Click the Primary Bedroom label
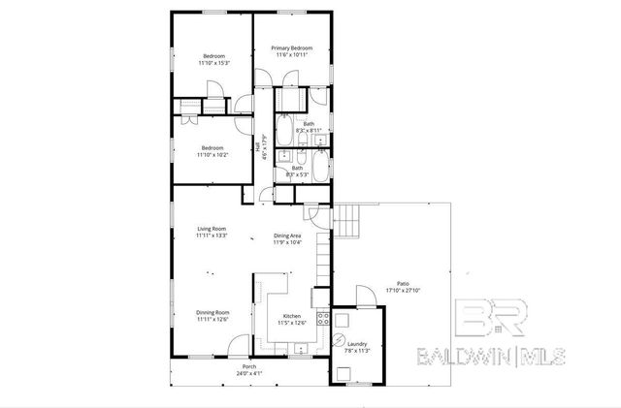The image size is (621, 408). click(290, 48)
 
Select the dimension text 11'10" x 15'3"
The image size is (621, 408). click(213, 63)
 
